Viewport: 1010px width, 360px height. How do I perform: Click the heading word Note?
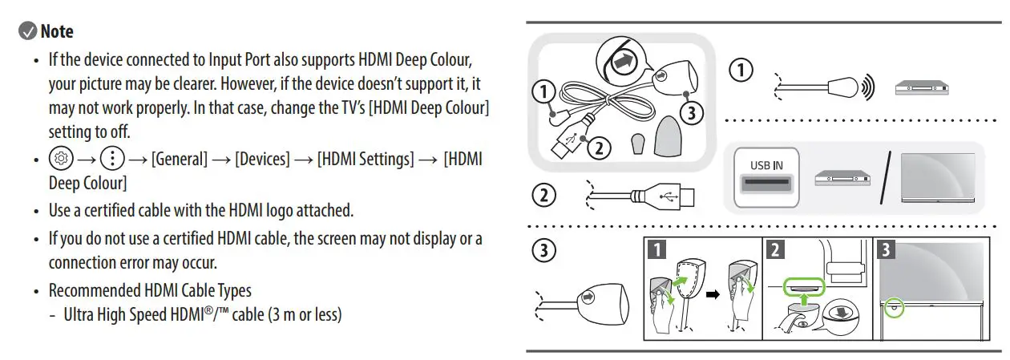pos(57,31)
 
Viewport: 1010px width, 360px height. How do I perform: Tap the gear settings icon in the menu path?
pos(59,158)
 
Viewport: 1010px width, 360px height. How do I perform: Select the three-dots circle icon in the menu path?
pos(111,158)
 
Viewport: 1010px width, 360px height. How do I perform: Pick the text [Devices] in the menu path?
pos(261,159)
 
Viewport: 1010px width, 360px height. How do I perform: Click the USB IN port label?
pos(766,165)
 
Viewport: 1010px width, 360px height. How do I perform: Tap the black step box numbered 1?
pos(656,249)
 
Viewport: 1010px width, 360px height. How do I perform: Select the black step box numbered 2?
pos(775,249)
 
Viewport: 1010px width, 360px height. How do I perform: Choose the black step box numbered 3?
pos(885,249)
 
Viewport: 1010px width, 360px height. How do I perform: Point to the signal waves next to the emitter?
pos(867,87)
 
